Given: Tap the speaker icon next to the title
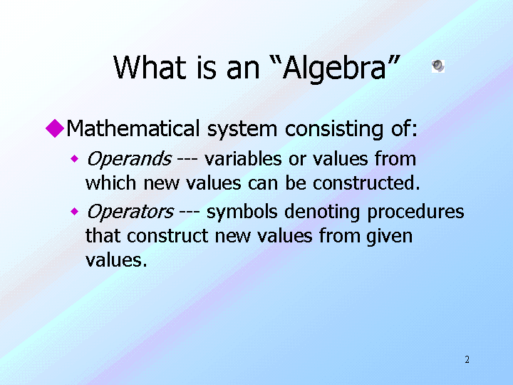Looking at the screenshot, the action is click(x=438, y=66).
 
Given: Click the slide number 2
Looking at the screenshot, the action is click(x=467, y=359).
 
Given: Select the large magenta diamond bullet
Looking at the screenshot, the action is click(x=55, y=128).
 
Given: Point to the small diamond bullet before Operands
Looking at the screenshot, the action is click(x=75, y=159).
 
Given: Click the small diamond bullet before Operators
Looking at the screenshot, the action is click(x=75, y=212).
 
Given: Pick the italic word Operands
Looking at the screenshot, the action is click(x=129, y=160).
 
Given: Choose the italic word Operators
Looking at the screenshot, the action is click(x=130, y=212).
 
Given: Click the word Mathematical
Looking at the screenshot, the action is click(x=133, y=128).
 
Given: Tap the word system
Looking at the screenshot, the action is click(x=242, y=130).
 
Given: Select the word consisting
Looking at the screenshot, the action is click(x=334, y=129).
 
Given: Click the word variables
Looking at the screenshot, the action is click(x=243, y=159).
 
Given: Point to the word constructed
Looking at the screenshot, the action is click(x=366, y=183).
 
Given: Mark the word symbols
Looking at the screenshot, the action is click(x=242, y=212).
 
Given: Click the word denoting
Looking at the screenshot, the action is click(x=322, y=212).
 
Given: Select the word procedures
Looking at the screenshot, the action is click(x=415, y=212).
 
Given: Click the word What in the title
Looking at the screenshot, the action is click(x=150, y=68).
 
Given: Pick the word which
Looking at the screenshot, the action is click(x=110, y=183).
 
